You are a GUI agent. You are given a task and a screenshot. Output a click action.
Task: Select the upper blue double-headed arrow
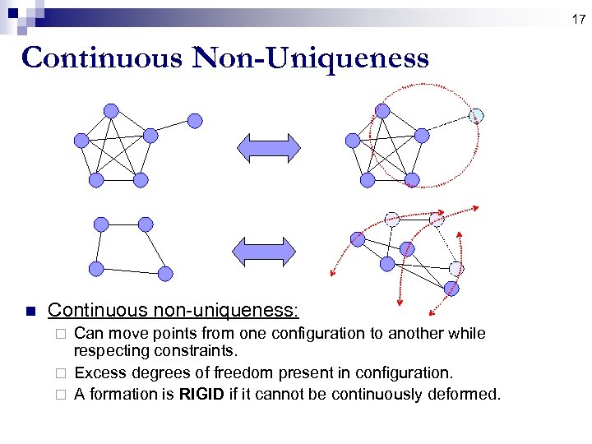click(269, 148)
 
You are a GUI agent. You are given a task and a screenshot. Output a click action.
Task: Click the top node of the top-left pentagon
click(111, 110)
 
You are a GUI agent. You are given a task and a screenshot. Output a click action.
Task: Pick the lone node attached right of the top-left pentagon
click(195, 121)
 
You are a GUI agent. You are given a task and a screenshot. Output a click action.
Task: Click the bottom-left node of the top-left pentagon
click(96, 178)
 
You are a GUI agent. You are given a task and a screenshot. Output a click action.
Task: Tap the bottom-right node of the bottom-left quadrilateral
click(165, 273)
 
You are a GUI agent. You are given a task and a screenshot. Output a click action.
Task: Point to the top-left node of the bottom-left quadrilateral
click(101, 224)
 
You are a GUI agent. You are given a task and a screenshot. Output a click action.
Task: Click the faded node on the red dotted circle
click(475, 116)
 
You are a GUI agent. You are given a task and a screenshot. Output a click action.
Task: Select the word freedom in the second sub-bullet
click(280, 373)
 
